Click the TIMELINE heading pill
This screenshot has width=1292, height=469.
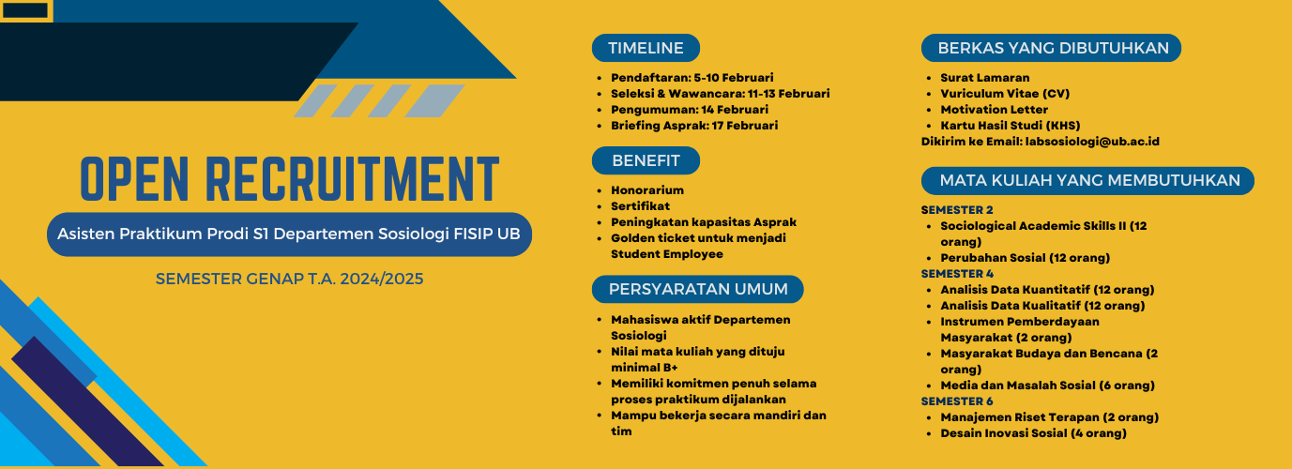click(646, 48)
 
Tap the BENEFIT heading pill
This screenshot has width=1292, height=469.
click(646, 160)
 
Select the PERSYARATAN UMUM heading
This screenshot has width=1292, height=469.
click(697, 289)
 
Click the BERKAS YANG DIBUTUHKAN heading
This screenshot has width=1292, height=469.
click(1051, 48)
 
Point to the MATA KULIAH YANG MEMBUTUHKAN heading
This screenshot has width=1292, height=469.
click(1087, 180)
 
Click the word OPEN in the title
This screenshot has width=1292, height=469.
click(134, 179)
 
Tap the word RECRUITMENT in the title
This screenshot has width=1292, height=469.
click(353, 179)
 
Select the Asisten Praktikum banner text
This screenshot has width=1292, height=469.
click(289, 234)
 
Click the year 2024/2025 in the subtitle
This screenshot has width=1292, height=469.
click(381, 279)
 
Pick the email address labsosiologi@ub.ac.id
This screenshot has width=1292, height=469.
click(1092, 142)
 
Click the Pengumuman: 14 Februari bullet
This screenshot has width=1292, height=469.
click(690, 110)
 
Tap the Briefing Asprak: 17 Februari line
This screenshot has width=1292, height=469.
click(694, 126)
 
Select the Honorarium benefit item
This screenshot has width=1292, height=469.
click(647, 190)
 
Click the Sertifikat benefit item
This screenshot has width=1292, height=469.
click(640, 206)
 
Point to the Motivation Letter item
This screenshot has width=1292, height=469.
click(994, 110)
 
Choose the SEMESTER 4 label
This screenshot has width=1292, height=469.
click(957, 274)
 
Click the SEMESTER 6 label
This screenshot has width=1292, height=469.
click(957, 401)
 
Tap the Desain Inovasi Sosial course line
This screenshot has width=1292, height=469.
click(1033, 433)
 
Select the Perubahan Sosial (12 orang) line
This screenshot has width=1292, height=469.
click(1025, 258)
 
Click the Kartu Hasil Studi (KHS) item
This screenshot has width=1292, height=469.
click(1010, 126)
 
